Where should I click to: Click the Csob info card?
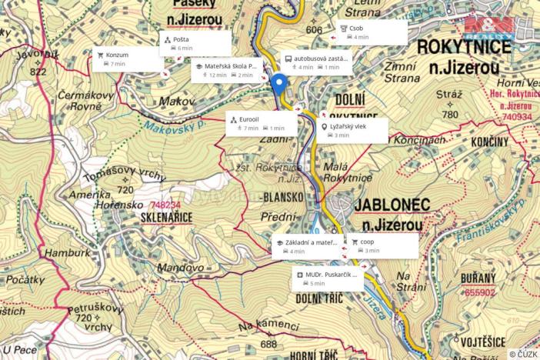pyautogui.click(x=372, y=32)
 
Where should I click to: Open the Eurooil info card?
pyautogui.click(x=261, y=124)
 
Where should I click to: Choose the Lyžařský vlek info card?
pyautogui.click(x=352, y=130)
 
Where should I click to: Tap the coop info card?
pyautogui.click(x=382, y=245)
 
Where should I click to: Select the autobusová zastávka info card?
pyautogui.click(x=315, y=62)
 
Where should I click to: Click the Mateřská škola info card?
pyautogui.click(x=228, y=71)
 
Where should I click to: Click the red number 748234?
pyautogui.click(x=166, y=205)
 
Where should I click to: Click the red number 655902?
pyautogui.click(x=481, y=292)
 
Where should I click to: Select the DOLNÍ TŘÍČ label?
pyautogui.click(x=318, y=298)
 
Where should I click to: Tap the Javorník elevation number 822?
pyautogui.click(x=38, y=72)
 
